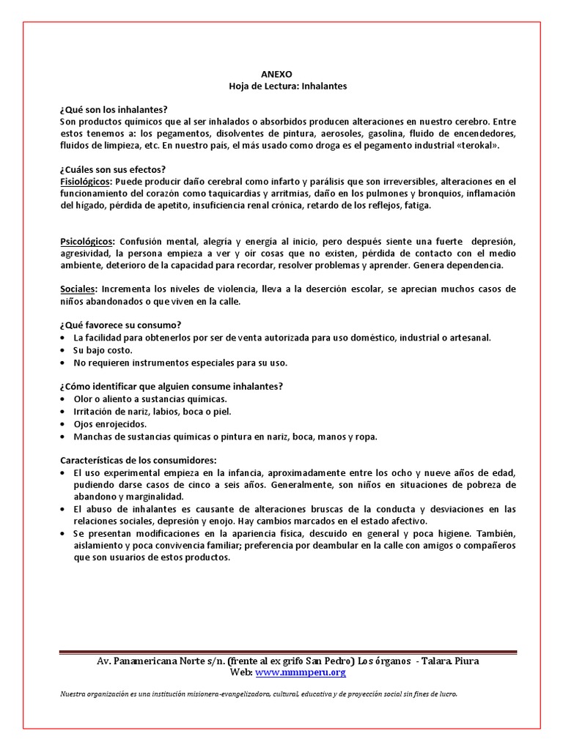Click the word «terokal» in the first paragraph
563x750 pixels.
(x=477, y=145)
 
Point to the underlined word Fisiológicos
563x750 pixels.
(x=86, y=181)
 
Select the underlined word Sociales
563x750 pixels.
(x=78, y=289)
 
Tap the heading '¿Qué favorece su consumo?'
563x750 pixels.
(x=120, y=325)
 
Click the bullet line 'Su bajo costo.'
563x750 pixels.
(x=103, y=350)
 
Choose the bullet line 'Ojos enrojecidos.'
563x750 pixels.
(x=110, y=424)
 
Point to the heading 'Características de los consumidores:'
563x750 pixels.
(x=139, y=460)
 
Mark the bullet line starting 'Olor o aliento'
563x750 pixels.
(x=150, y=399)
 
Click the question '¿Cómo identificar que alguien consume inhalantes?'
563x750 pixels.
(x=172, y=387)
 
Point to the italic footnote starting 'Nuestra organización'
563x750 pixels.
(x=259, y=694)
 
